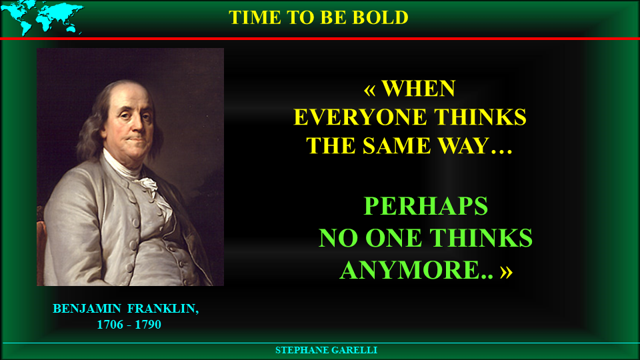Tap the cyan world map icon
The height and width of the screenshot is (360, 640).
(x=42, y=17)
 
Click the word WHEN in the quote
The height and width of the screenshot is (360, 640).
(x=419, y=89)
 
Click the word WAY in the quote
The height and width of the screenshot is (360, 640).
(x=464, y=146)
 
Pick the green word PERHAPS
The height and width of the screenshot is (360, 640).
(x=426, y=206)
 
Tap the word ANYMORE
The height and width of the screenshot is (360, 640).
(x=409, y=270)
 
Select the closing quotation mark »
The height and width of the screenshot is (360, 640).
(x=507, y=272)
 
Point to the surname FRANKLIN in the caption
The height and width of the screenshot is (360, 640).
(x=163, y=309)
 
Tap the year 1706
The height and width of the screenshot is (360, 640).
(x=110, y=325)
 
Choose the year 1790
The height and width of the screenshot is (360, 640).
(x=148, y=325)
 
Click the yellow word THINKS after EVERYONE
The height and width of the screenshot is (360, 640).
(x=480, y=117)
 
